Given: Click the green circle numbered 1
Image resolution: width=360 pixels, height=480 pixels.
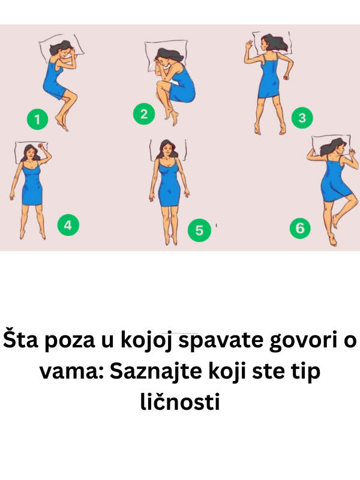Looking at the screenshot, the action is [37, 119].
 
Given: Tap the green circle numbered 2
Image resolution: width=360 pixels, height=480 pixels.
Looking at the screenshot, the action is [144, 114].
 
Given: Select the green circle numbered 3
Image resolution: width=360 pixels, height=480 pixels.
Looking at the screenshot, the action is [302, 118].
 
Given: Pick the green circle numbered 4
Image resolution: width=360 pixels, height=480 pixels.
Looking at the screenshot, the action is [68, 225].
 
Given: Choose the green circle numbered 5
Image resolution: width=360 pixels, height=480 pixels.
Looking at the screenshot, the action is [199, 230].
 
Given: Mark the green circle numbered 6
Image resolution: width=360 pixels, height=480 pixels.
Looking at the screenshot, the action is [300, 228].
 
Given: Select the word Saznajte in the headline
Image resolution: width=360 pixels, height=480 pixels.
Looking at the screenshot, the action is [152, 371].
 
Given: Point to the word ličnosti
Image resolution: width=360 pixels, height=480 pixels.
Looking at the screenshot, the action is [180, 401].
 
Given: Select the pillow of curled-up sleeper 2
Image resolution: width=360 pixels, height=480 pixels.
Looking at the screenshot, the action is [166, 55].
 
